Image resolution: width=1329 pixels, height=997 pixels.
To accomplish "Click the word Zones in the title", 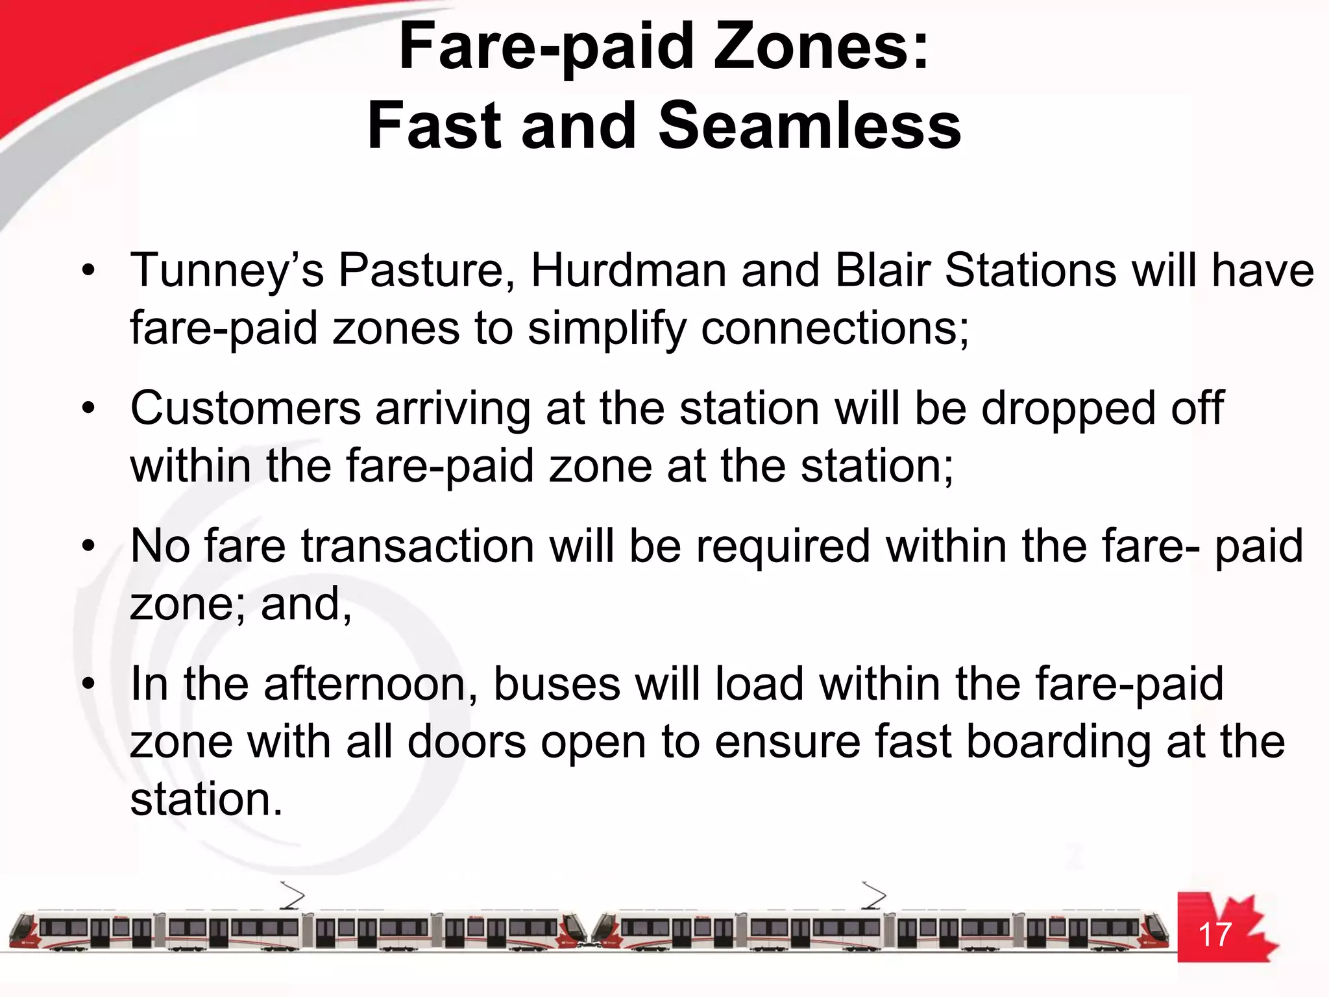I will pyautogui.click(x=821, y=47).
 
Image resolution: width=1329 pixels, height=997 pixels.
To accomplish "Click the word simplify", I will pyautogui.click(x=607, y=328).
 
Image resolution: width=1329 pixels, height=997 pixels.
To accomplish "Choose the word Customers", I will pyautogui.click(x=245, y=408).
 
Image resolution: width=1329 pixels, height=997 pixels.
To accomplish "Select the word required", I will pyautogui.click(x=783, y=546).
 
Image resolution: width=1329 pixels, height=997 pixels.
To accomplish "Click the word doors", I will pyautogui.click(x=467, y=741).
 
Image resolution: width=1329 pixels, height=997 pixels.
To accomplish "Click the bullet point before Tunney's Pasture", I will pyautogui.click(x=89, y=270).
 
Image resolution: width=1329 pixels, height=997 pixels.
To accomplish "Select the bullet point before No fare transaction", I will pyautogui.click(x=89, y=546).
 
